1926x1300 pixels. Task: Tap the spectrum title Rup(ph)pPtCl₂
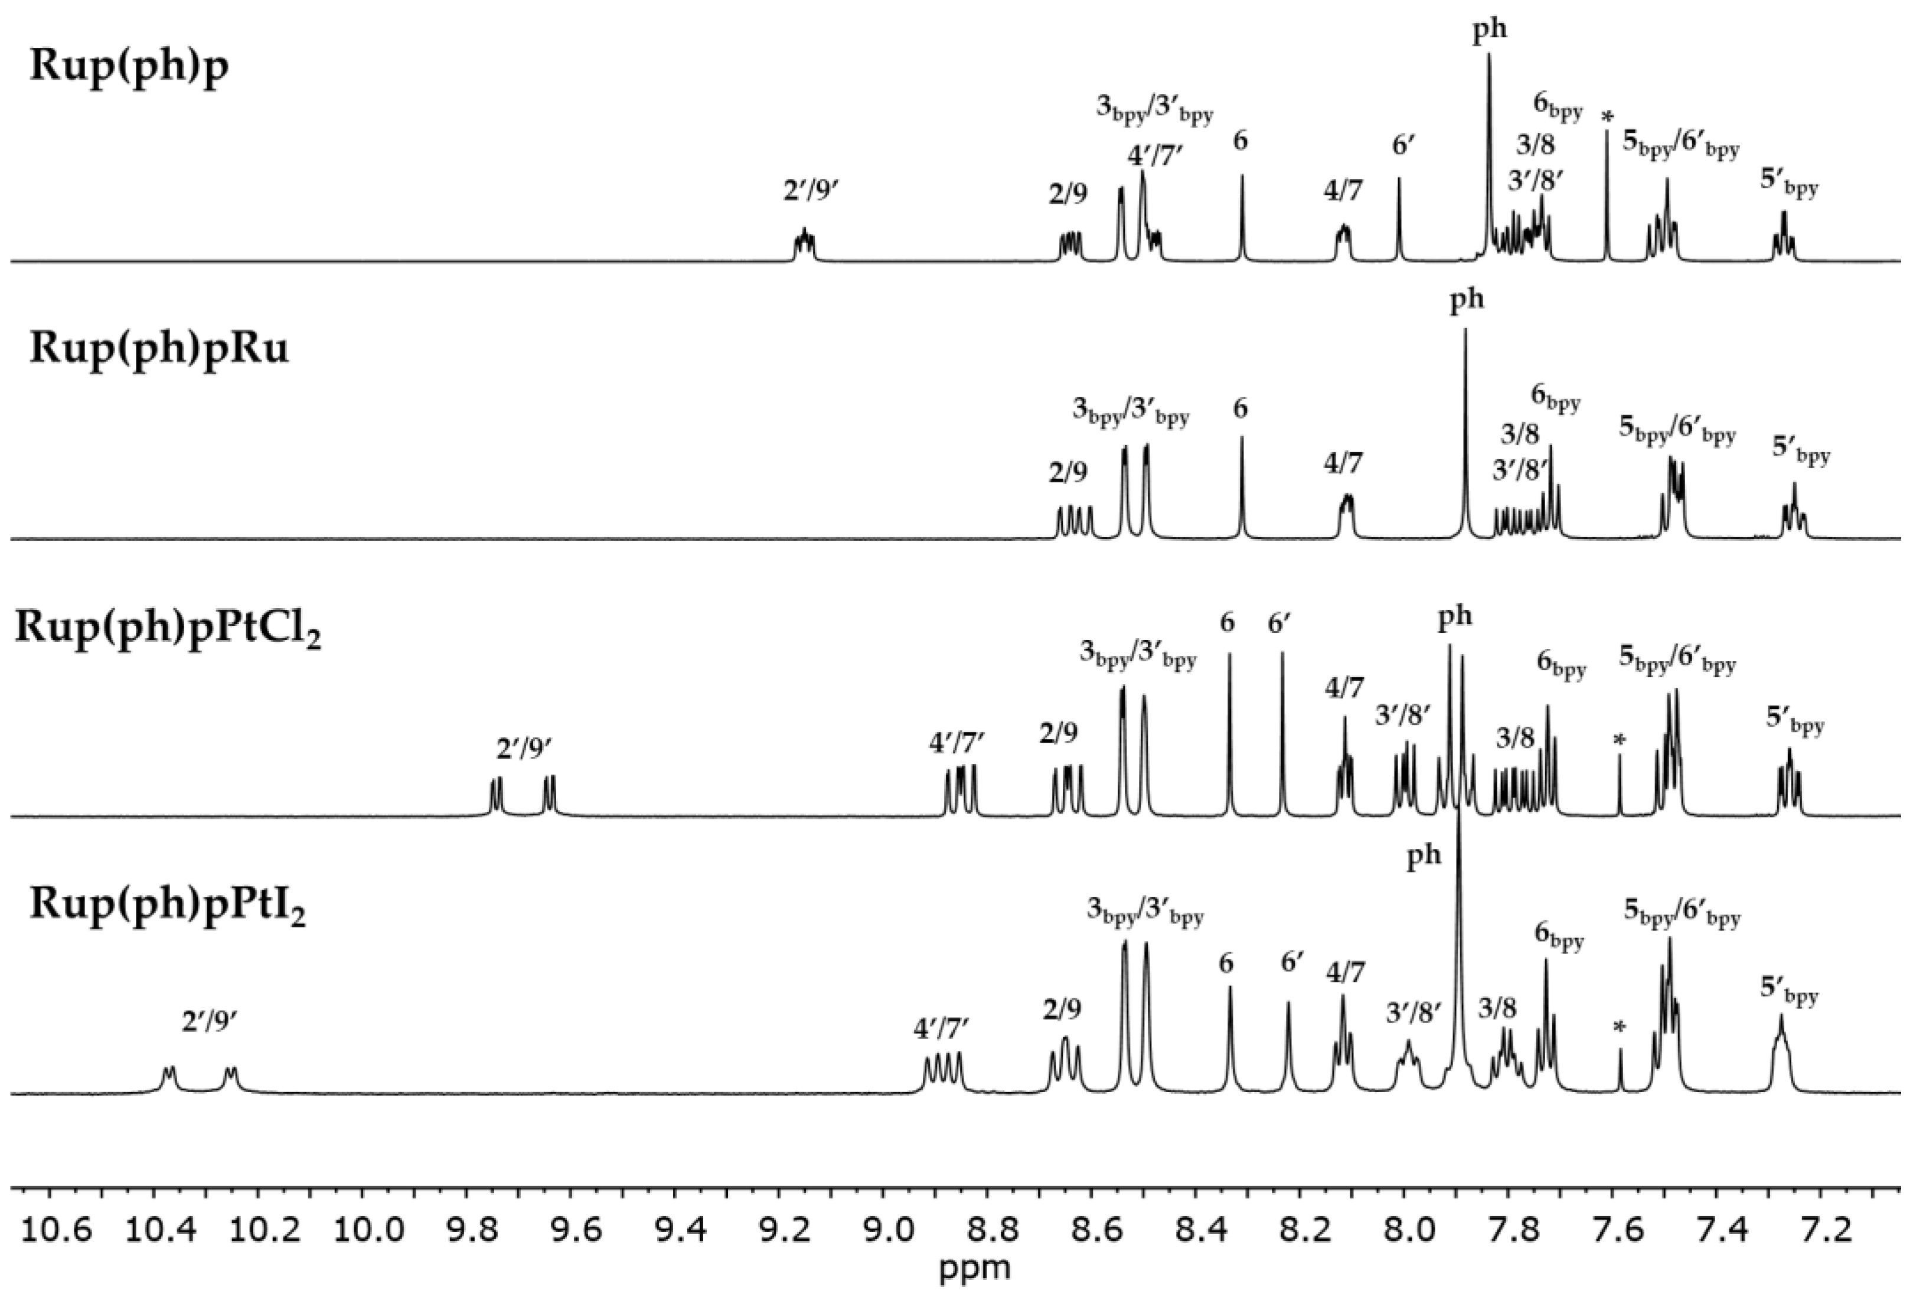[x=168, y=629]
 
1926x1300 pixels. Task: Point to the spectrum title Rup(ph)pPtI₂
[x=168, y=905]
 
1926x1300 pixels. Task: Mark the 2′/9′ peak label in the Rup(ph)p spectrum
[x=812, y=192]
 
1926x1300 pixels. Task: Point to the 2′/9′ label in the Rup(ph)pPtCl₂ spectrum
[x=524, y=749]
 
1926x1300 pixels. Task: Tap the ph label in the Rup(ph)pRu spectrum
[x=1466, y=300]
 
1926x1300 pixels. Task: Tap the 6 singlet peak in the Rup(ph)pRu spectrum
[x=1242, y=489]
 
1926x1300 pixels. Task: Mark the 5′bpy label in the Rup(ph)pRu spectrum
[x=1801, y=452]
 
